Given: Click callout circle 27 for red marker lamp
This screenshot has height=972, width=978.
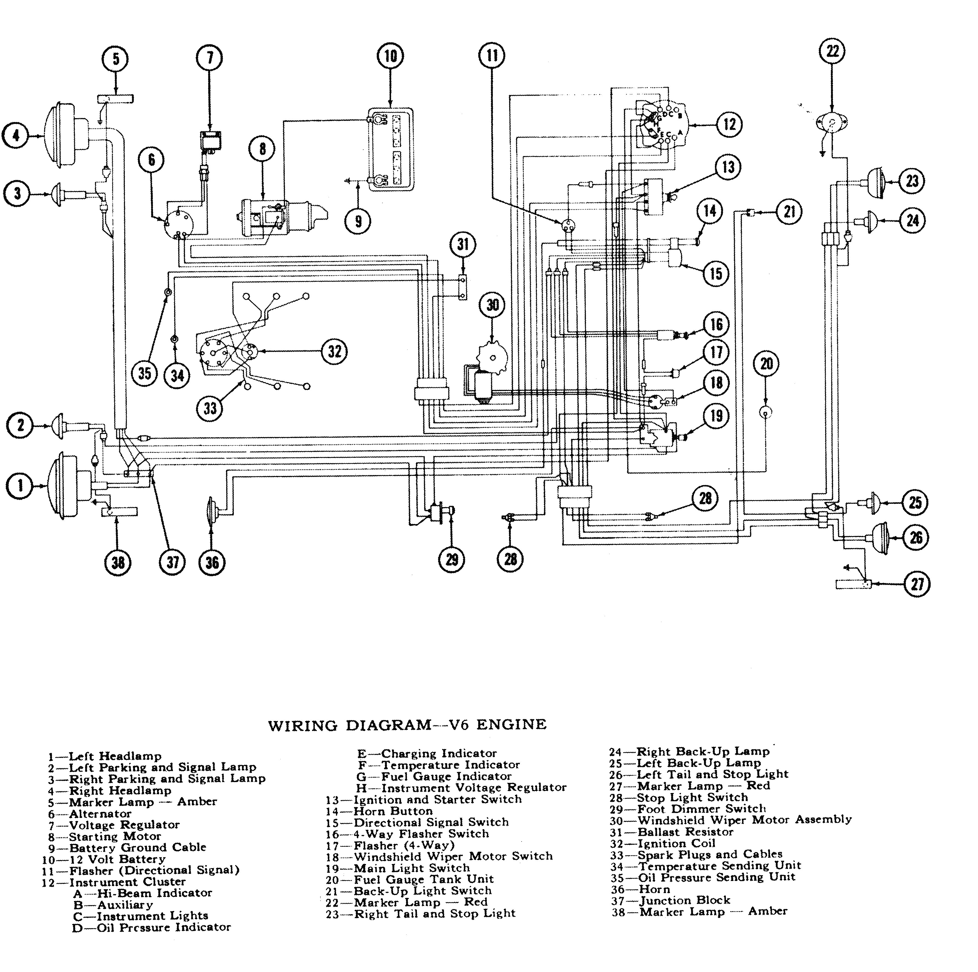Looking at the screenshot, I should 917,584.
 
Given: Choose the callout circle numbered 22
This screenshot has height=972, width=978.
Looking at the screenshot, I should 832,51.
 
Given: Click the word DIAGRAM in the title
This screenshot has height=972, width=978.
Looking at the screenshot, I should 388,725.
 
